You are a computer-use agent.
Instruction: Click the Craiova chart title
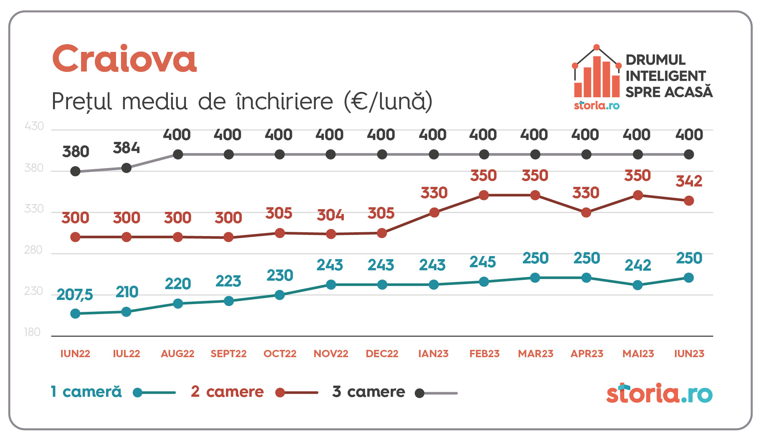pos(124,58)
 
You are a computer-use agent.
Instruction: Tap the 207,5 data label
pos(75,295)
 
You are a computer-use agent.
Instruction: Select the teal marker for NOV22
pos(331,285)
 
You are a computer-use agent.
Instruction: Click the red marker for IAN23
pos(434,213)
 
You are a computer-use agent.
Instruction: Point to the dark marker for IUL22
pos(126,168)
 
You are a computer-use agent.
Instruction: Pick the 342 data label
pos(689,181)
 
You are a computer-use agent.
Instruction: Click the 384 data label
pos(126,148)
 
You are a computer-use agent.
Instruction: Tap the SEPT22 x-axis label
pos(229,354)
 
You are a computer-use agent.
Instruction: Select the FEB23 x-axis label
pos(484,354)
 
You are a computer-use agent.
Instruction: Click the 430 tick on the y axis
pos(34,126)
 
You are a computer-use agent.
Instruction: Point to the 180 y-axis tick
pos(32,332)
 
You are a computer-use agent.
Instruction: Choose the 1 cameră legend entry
pos(86,392)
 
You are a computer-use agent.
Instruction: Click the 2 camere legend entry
pos(227,392)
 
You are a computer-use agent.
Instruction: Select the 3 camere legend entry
pos(368,392)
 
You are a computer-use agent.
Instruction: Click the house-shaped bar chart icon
pos(597,73)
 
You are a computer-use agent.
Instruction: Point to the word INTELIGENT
pos(666,76)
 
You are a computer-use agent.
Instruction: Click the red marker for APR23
pos(586,213)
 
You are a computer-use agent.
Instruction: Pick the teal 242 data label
pos(638,265)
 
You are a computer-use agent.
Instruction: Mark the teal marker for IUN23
pos(689,278)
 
